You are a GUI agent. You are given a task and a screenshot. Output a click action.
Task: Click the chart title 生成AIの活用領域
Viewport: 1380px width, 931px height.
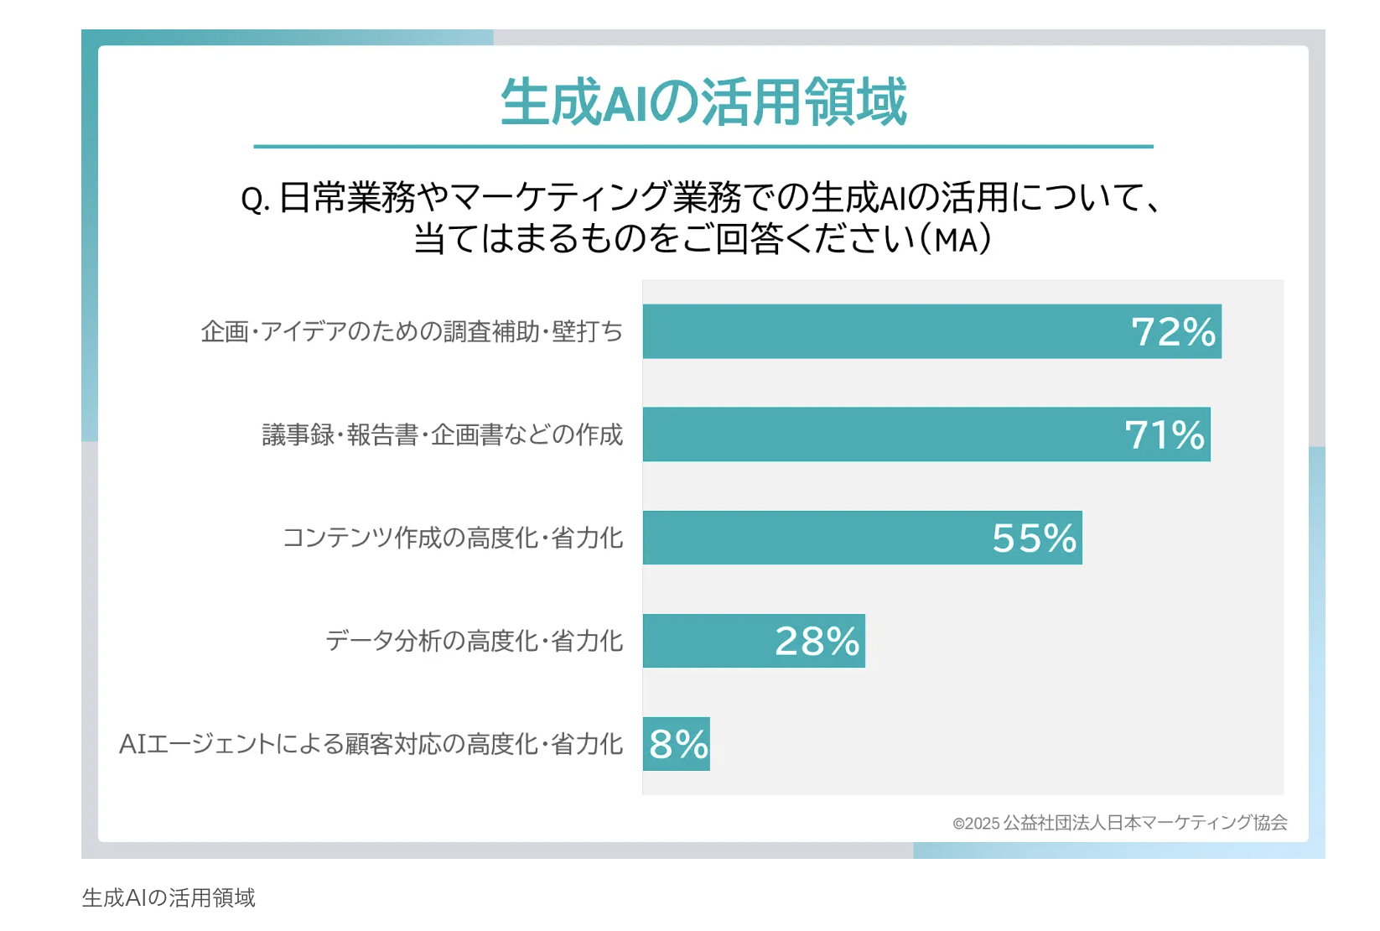point(703,102)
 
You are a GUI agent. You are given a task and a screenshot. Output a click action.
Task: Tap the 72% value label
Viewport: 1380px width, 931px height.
point(1173,332)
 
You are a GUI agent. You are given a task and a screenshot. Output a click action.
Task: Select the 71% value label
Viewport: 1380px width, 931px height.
point(1164,435)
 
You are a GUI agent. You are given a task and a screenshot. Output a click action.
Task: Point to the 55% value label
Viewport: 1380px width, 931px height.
point(1034,538)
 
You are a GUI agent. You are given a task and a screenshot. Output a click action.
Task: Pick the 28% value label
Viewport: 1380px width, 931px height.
point(817,642)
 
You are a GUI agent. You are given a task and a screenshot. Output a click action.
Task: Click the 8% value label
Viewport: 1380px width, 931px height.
point(678,745)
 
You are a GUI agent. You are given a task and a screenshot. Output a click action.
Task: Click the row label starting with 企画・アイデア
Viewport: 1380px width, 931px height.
point(412,332)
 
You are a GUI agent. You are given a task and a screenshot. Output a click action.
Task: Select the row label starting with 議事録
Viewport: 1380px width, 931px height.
point(442,435)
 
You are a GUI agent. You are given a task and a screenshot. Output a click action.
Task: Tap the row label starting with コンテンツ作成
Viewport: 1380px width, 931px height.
point(452,538)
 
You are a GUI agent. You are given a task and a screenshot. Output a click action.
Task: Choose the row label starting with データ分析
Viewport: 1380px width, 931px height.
point(474,642)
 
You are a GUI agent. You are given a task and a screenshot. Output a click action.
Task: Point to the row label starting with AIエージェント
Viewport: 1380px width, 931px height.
point(371,745)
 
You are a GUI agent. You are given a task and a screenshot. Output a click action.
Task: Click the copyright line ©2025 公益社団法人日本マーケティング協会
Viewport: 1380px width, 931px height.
point(1119,823)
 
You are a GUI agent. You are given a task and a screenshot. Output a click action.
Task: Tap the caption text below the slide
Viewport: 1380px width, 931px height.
point(169,898)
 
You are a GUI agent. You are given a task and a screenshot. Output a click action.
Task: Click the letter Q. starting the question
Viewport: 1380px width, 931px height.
point(254,200)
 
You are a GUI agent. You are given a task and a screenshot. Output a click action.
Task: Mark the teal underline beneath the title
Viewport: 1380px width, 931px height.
point(703,147)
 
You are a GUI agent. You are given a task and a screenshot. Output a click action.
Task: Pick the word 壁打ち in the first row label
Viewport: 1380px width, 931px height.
point(587,332)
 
